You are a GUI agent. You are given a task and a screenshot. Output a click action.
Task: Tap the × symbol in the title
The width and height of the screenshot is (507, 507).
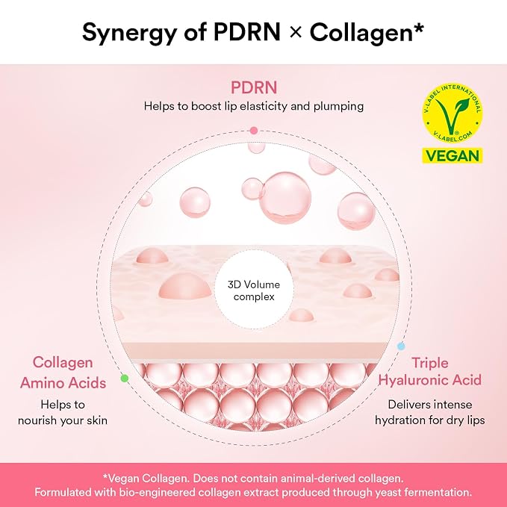(x=296, y=32)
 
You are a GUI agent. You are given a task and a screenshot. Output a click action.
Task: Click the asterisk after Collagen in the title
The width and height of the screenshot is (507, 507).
(x=418, y=28)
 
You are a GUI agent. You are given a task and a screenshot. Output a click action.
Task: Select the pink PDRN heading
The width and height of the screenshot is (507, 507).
(x=254, y=87)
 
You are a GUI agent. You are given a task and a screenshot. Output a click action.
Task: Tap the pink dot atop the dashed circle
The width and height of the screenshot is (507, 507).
(x=254, y=131)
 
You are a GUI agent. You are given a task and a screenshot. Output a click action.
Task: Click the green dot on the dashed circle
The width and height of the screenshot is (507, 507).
(x=125, y=378)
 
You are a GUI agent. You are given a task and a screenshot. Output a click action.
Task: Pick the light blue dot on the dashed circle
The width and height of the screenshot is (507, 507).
(x=401, y=346)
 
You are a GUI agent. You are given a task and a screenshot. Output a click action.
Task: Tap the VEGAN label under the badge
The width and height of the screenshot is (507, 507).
(x=452, y=155)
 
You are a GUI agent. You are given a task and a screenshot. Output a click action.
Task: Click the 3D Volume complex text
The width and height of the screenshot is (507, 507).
(x=254, y=290)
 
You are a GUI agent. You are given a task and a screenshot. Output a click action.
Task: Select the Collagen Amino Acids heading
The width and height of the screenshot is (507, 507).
(x=63, y=373)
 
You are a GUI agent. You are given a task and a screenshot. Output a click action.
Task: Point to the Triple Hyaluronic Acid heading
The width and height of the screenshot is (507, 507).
(x=430, y=371)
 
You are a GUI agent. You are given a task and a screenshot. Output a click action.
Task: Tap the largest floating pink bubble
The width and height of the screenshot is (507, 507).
(x=286, y=197)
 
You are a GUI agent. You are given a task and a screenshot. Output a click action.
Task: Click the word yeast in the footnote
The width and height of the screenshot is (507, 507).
(x=388, y=493)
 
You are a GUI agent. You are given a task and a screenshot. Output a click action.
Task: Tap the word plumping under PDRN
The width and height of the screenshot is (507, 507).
(x=338, y=106)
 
